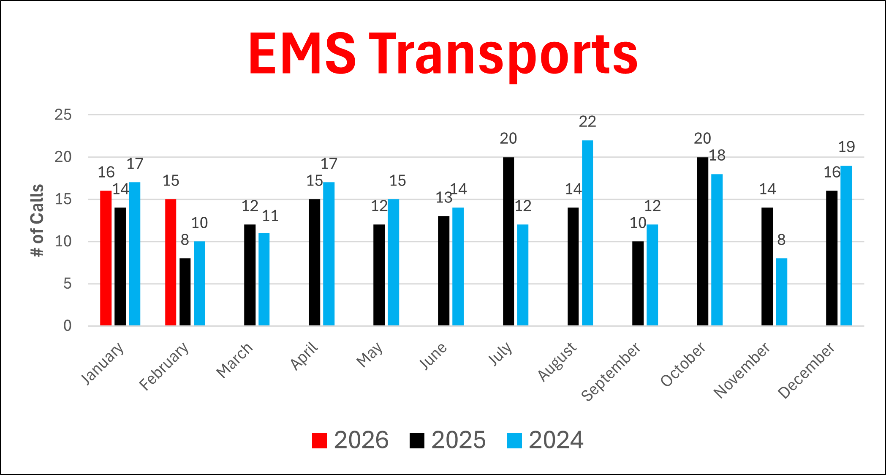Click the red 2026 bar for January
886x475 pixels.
(x=106, y=258)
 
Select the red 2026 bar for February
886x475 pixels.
(x=171, y=262)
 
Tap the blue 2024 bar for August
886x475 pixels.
(x=587, y=232)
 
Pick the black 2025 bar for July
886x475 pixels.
(x=508, y=241)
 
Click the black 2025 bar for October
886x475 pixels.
(x=702, y=241)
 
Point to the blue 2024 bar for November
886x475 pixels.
(x=781, y=292)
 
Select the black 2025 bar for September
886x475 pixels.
(x=638, y=283)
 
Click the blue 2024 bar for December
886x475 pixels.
(x=846, y=245)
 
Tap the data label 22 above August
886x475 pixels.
(x=587, y=122)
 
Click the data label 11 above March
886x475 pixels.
(x=270, y=216)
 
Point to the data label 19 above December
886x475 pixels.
(x=846, y=147)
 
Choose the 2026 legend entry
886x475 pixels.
(x=351, y=440)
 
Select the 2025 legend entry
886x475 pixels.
(x=448, y=440)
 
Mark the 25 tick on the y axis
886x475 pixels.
(x=63, y=115)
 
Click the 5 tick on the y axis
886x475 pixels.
(x=68, y=284)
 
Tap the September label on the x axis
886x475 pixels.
(x=611, y=372)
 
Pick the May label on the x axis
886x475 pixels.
(x=370, y=355)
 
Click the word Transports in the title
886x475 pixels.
(x=503, y=55)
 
